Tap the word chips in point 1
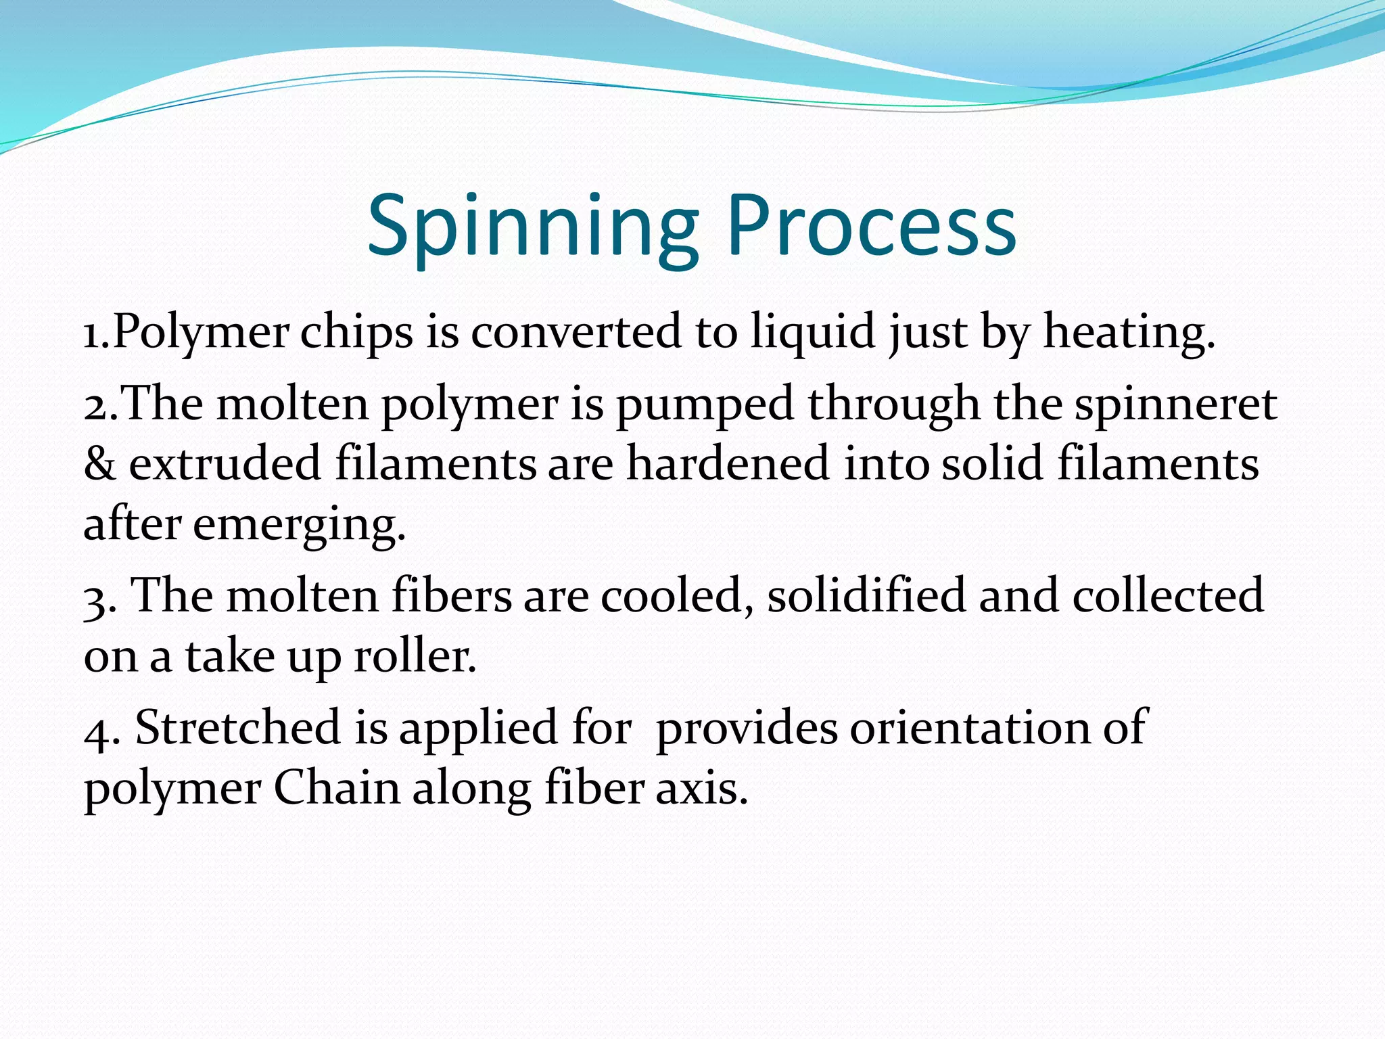[x=356, y=333]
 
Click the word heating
[x=1129, y=333]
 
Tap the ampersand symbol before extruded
[x=99, y=464]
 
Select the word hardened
[x=728, y=464]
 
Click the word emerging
[x=300, y=526]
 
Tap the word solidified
[x=866, y=596]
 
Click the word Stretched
[x=237, y=728]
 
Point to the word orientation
[x=969, y=728]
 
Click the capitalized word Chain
[x=337, y=789]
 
